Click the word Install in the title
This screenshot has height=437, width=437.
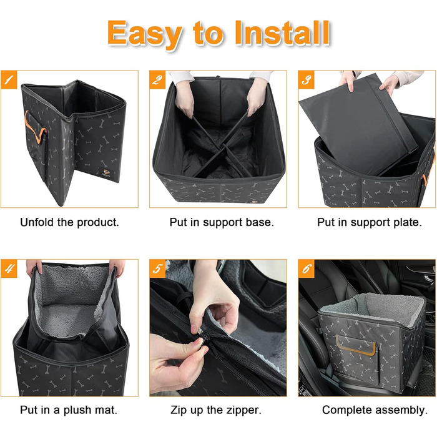[x=282, y=33]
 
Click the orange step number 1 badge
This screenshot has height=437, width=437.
[x=9, y=80]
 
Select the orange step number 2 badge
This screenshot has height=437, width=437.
[x=157, y=80]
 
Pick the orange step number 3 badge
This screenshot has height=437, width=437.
[x=307, y=80]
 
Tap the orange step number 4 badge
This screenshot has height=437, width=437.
[x=9, y=268]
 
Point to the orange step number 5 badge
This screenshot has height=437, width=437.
[x=157, y=268]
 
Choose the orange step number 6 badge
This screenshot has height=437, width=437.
[x=307, y=268]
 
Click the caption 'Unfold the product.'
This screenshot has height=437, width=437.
[x=69, y=222]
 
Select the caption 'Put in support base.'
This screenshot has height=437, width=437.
[x=222, y=222]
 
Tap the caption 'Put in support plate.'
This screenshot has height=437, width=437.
[x=370, y=222]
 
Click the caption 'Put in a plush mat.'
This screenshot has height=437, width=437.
[x=69, y=410]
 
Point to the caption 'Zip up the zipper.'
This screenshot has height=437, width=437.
[x=216, y=410]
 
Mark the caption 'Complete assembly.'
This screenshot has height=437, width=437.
[x=375, y=410]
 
